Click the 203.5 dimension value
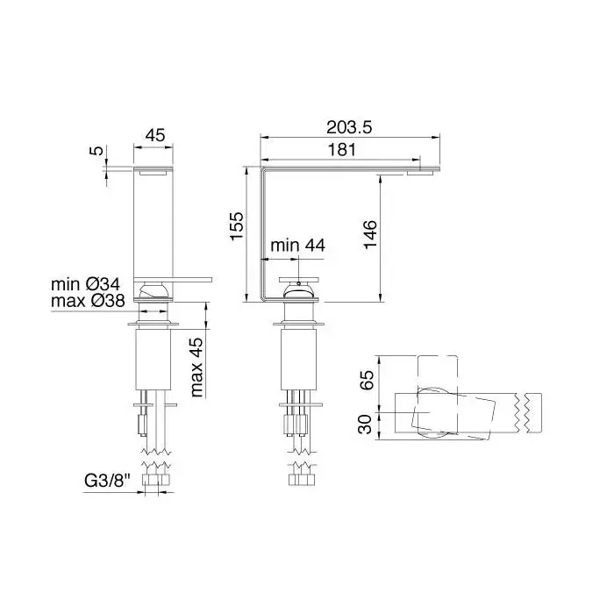pos(349,127)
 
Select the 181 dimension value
pos(342,150)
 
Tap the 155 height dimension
pos(237,226)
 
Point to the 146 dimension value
pos(370,234)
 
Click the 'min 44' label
pos(297,246)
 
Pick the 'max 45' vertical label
pos(196,368)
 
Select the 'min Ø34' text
pos(85,284)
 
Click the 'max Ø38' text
pos(88,301)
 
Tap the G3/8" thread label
pos(107,481)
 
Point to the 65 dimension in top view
pos(367,380)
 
